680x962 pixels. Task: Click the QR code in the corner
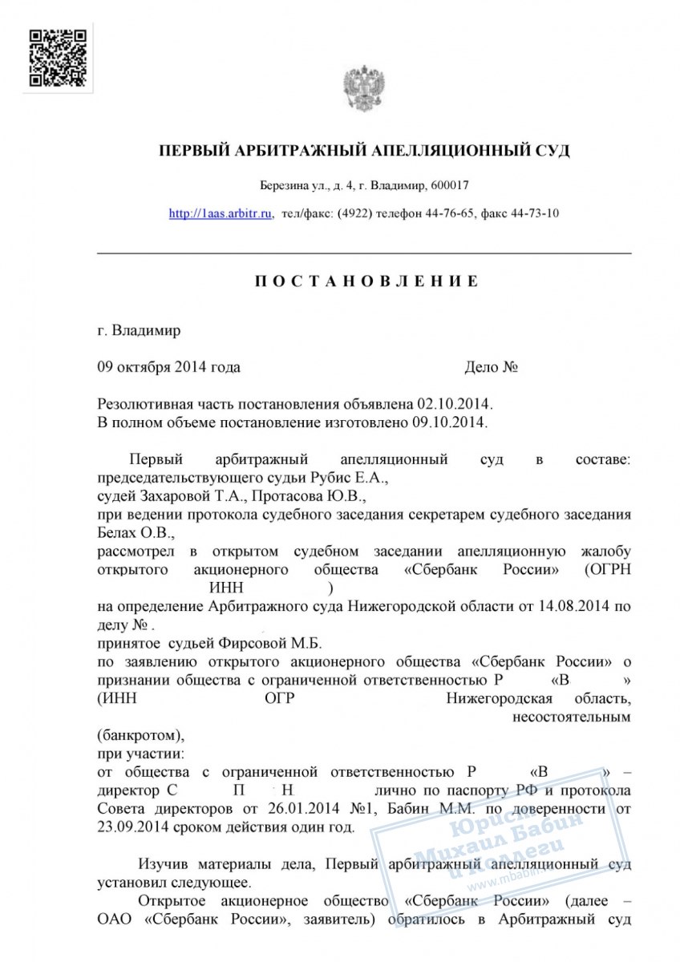tap(57, 57)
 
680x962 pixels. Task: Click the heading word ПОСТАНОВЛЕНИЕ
tap(366, 281)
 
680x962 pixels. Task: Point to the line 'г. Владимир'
tap(139, 330)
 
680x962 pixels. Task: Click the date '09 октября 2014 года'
tap(168, 368)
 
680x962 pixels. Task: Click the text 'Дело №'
tap(491, 368)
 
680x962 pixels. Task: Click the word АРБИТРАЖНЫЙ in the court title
tap(279, 151)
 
